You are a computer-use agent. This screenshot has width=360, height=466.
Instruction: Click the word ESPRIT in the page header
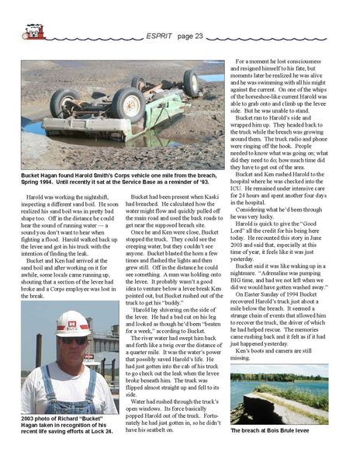(161, 36)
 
